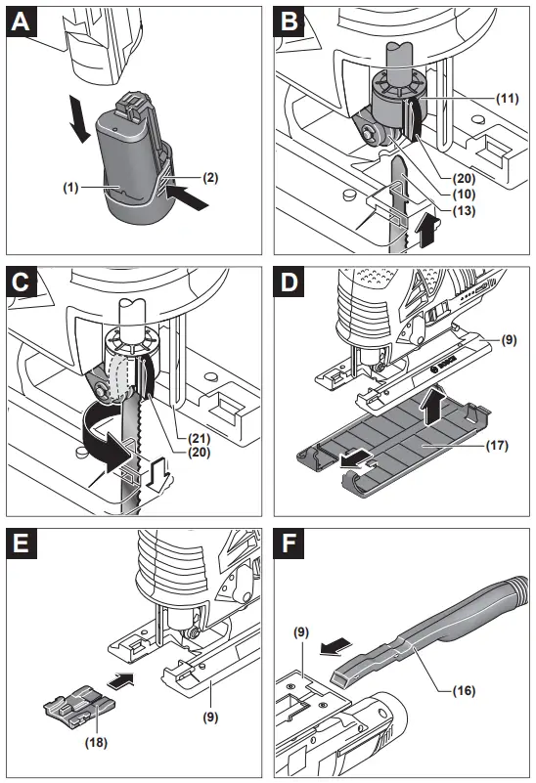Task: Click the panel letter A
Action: (x=21, y=22)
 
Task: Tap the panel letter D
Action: (x=289, y=283)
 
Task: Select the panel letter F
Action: (x=289, y=544)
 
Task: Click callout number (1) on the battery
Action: (x=70, y=188)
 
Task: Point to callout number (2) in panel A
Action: (x=210, y=177)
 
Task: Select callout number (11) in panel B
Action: (x=507, y=99)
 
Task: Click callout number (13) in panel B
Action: (x=464, y=210)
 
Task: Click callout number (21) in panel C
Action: (x=199, y=439)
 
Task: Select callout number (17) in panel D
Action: (x=497, y=445)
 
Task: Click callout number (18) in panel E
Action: (x=96, y=743)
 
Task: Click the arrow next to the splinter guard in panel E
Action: (x=120, y=680)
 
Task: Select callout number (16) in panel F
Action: (x=464, y=690)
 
